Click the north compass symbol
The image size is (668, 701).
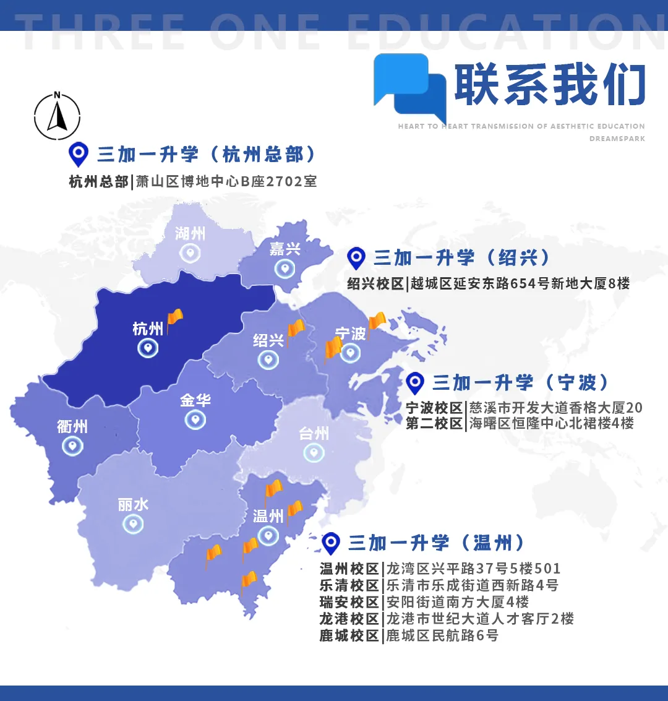57,116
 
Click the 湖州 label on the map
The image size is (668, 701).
190,233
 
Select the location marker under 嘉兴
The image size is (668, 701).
285,269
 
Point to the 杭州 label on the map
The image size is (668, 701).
148,329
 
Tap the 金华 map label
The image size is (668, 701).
195,400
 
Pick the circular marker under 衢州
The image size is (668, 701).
72,445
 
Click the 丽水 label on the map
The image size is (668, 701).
133,505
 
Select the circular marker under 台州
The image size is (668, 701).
314,453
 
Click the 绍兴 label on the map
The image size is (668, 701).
268,340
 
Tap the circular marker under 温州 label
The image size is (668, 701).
268,535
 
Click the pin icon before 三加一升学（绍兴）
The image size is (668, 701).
356,258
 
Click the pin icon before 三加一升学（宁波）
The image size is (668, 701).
414,383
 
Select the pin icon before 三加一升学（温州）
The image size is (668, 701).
331,543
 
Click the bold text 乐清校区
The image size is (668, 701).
349,585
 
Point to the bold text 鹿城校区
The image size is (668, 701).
349,635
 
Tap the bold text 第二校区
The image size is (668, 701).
434,424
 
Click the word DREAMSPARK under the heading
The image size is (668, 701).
617,139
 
